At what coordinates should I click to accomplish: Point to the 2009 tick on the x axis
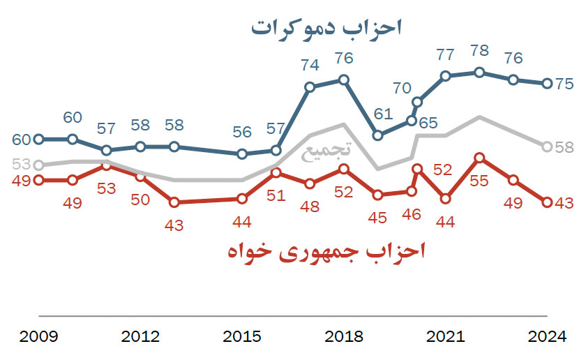(39, 337)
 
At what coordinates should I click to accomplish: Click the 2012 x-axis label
(140, 337)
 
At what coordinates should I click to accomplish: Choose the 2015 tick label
(242, 337)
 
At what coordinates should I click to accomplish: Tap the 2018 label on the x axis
(344, 337)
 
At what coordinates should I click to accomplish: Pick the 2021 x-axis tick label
(446, 337)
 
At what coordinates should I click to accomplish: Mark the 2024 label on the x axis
(548, 337)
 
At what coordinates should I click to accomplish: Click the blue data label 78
(479, 52)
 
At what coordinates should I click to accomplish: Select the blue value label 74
(310, 66)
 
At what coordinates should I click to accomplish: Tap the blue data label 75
(565, 83)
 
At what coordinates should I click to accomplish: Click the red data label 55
(479, 180)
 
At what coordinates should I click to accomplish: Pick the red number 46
(412, 214)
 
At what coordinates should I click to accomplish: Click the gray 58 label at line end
(565, 147)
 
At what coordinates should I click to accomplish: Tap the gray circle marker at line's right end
(548, 147)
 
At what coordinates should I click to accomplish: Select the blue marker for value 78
(479, 72)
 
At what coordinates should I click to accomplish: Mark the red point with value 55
(479, 158)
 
